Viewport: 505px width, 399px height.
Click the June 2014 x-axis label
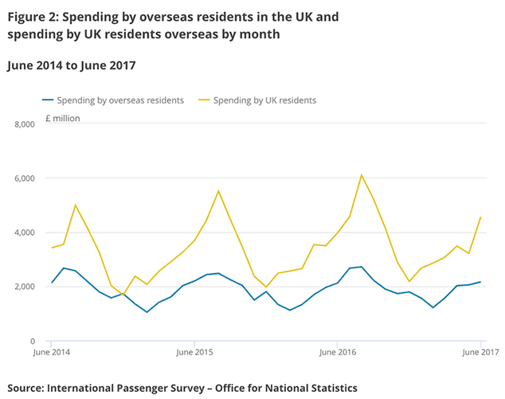52,351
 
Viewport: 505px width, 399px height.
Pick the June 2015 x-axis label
194,351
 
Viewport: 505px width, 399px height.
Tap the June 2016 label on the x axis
338,351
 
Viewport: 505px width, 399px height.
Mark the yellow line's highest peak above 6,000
362,174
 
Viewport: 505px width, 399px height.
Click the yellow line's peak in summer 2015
218,191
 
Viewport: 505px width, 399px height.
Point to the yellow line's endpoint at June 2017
481,217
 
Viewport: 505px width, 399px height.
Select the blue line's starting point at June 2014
52,283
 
